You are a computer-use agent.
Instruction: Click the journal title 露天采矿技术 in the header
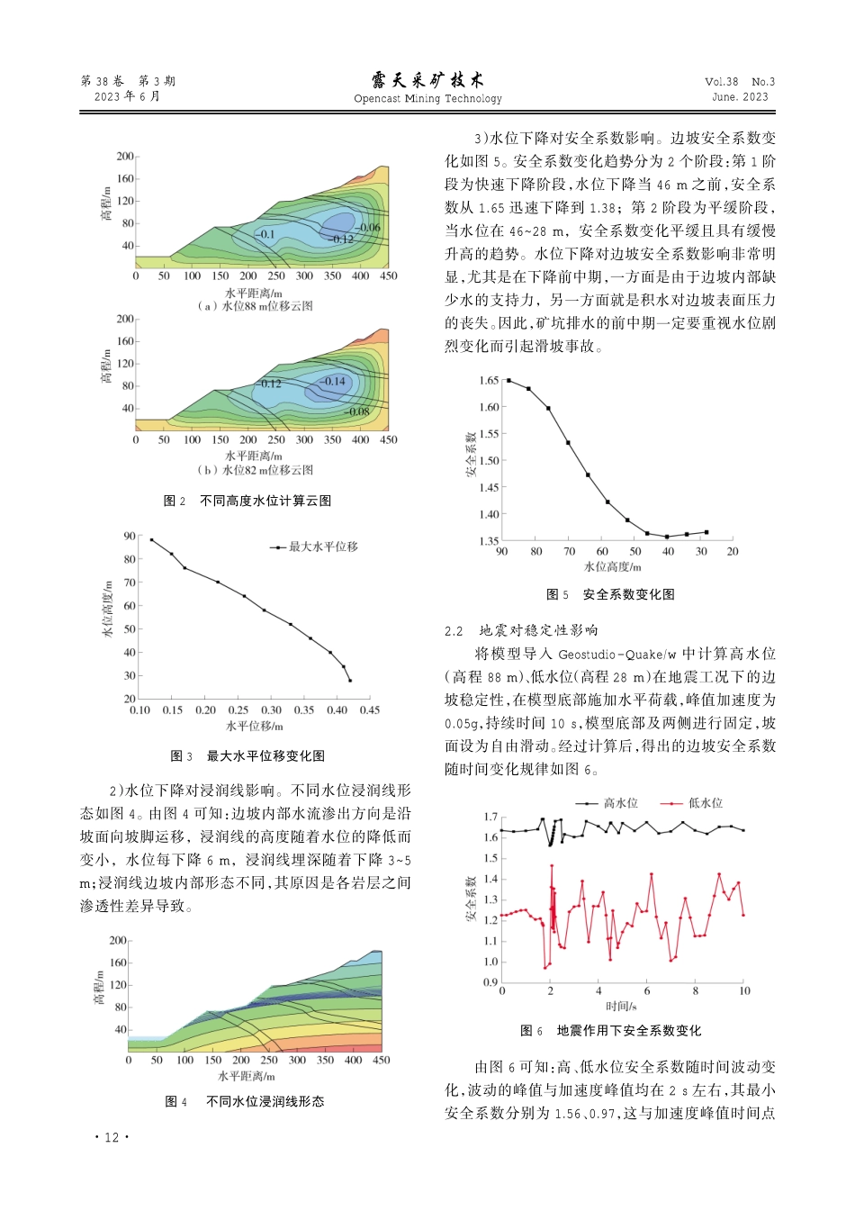[x=427, y=80]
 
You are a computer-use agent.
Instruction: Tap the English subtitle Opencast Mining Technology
[x=427, y=99]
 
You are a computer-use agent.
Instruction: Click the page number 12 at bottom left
[x=111, y=1137]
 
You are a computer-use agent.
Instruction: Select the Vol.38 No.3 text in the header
[x=739, y=81]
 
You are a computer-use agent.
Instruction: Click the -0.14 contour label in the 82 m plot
[x=334, y=382]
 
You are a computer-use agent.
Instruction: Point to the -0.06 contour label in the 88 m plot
[x=368, y=228]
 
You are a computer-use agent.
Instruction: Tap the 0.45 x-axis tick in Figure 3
[x=370, y=710]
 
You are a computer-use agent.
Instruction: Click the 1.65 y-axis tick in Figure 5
[x=489, y=380]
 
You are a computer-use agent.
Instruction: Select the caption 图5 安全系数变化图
[x=610, y=594]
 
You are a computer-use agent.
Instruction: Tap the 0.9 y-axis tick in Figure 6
[x=490, y=982]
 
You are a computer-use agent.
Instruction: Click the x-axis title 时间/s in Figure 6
[x=621, y=1006]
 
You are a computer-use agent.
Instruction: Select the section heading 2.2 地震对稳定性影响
[x=521, y=630]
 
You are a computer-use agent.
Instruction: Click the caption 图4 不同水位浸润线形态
[x=245, y=1101]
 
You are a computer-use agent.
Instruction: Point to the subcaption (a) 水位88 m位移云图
[x=256, y=306]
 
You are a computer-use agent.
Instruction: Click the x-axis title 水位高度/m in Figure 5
[x=613, y=567]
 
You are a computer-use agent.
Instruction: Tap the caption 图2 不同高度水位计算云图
[x=247, y=501]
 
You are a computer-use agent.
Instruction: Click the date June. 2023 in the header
[x=740, y=97]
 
